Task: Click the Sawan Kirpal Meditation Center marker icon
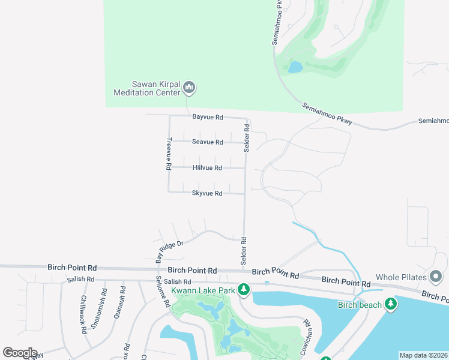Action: [189, 88]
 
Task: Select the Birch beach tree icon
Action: [391, 305]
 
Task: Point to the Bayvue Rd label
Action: [208, 117]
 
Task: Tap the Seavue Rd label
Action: [208, 142]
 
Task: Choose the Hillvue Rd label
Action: [208, 168]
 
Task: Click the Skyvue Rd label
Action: [208, 193]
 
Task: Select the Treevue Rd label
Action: [169, 153]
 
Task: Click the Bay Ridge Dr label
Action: [169, 248]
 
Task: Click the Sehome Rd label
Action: [160, 294]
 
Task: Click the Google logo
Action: [20, 353]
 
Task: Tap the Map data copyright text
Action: [424, 355]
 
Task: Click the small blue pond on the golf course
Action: [295, 67]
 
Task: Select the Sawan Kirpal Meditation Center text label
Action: [147, 88]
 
